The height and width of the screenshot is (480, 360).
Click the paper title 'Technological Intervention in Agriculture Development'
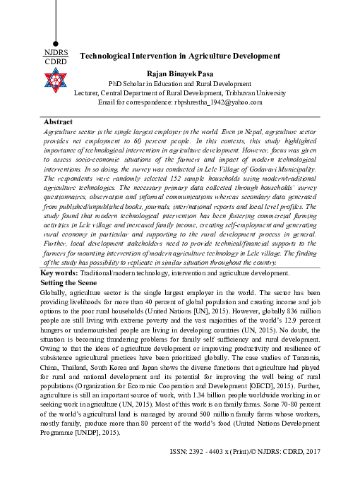pyautogui.click(x=180, y=55)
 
